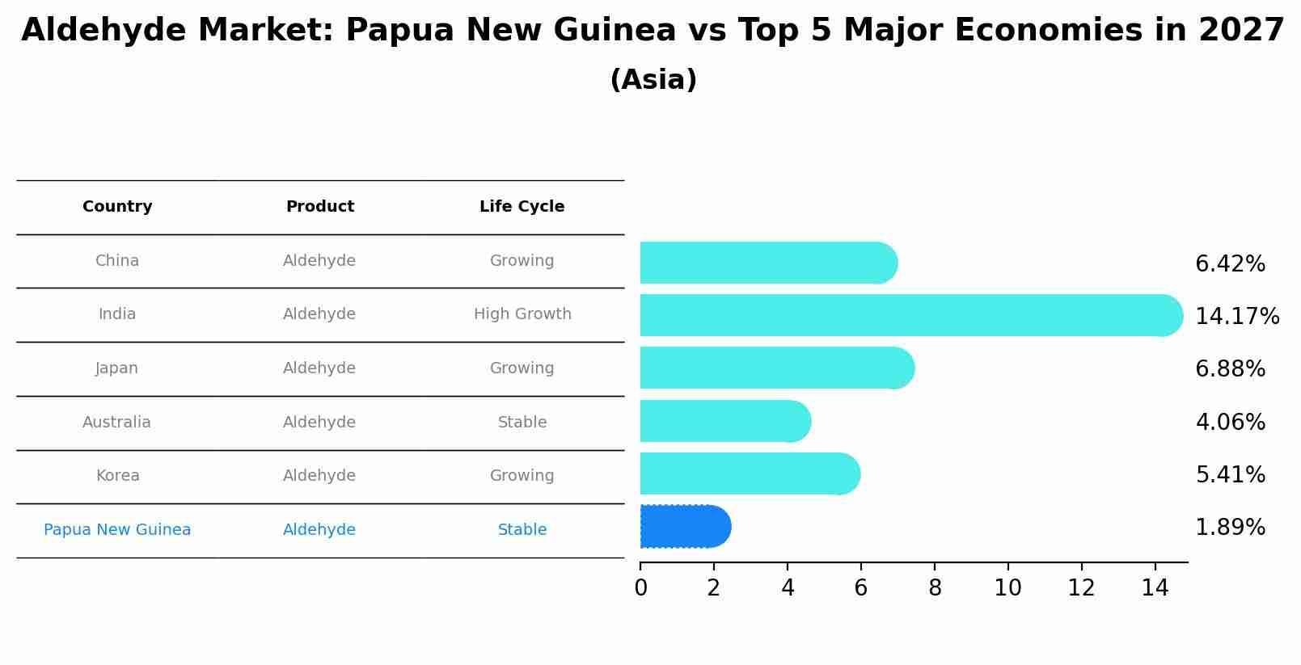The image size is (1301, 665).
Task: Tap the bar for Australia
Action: tap(724, 421)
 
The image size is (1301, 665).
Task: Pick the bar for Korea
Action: tap(749, 473)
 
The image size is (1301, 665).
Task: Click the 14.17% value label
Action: tap(1236, 316)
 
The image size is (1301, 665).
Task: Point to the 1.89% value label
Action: tap(1230, 528)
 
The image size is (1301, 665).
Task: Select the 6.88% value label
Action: tap(1230, 369)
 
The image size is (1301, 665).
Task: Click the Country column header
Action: tap(117, 207)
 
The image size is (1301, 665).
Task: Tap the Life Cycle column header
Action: tap(522, 207)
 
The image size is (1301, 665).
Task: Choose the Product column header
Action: tap(319, 207)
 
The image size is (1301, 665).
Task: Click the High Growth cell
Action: tap(522, 314)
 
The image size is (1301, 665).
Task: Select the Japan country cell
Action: tap(117, 368)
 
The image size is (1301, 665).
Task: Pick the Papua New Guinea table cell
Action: tap(117, 530)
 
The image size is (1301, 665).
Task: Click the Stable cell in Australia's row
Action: tap(522, 423)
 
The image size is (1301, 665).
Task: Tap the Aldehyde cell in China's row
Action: tap(319, 261)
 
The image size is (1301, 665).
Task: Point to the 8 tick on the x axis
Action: tap(935, 588)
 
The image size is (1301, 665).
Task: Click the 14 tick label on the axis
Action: tap(1155, 588)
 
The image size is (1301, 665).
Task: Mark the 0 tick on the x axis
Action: tap(640, 588)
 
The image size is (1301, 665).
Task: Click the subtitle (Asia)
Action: tap(653, 80)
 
